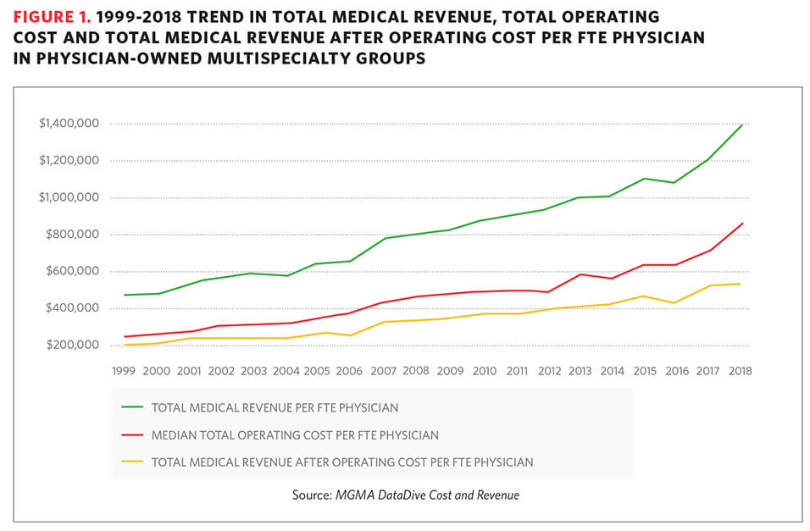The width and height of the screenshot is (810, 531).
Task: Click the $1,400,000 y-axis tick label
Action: [x=69, y=124]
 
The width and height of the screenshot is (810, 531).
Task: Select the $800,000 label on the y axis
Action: [x=74, y=235]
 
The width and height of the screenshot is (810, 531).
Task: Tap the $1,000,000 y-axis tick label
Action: [x=69, y=197]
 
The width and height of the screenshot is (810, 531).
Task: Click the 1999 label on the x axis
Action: [x=124, y=371]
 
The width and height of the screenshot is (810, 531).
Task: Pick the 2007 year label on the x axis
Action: [x=383, y=371]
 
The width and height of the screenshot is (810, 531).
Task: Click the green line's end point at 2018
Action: [x=742, y=125]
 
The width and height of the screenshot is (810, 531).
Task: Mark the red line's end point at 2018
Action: [x=742, y=224]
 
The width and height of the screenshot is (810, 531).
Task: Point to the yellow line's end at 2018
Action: [x=742, y=284]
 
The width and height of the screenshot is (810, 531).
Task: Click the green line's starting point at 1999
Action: [x=124, y=295]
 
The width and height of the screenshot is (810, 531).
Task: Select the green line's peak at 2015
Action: [x=645, y=179]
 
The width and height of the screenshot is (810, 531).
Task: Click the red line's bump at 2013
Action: [x=580, y=274]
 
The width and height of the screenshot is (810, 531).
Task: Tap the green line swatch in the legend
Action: [x=131, y=407]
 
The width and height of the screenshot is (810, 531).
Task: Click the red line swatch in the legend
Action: [x=131, y=435]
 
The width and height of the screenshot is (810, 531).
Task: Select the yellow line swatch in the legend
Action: [x=131, y=462]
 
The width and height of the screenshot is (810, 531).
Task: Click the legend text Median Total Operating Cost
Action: [x=295, y=435]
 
